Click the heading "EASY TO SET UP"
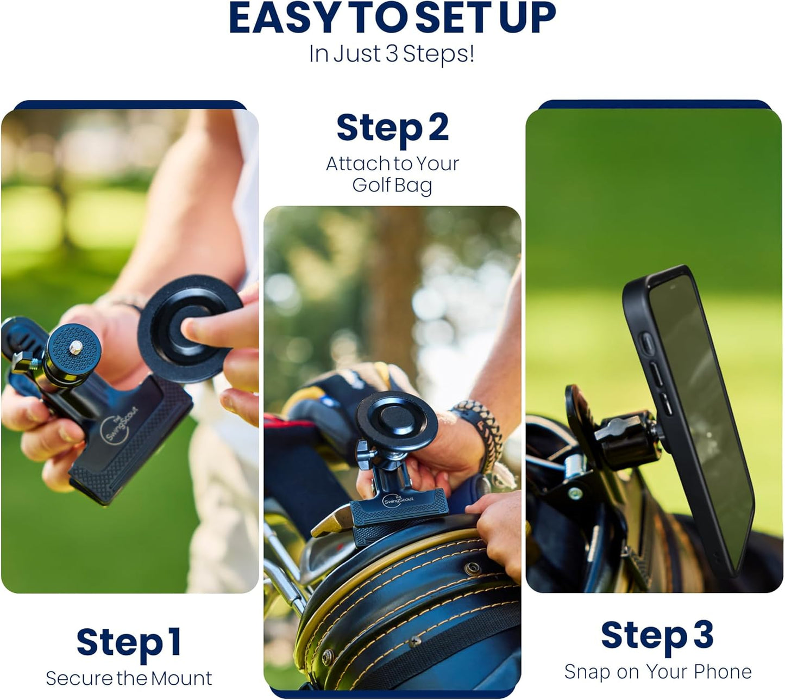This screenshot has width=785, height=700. (392, 18)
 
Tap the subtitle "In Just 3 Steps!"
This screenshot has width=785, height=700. (392, 54)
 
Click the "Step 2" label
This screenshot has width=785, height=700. (392, 128)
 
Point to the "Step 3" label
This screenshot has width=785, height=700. (657, 635)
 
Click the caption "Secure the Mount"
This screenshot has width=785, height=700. (129, 678)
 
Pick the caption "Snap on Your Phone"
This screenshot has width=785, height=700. (657, 672)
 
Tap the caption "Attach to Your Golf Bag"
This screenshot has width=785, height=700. (392, 174)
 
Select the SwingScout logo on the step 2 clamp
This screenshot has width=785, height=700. (398, 500)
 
